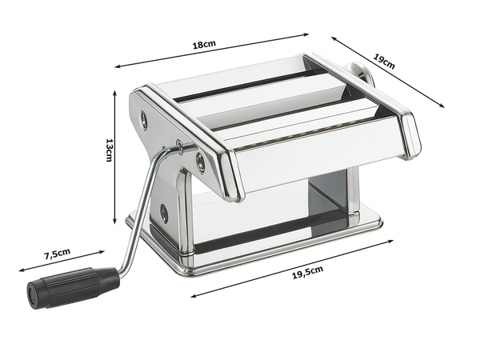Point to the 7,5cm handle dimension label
click(57, 254)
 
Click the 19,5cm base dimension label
click(306, 272)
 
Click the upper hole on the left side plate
click(144, 121)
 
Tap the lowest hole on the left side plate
click(164, 213)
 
